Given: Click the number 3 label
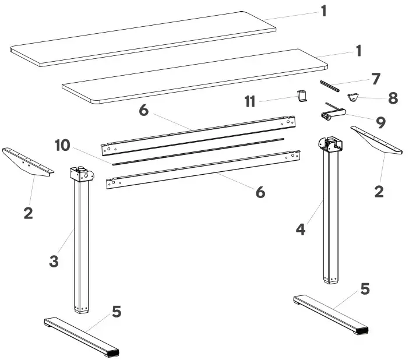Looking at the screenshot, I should (x=54, y=262).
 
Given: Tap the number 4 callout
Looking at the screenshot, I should (x=301, y=229).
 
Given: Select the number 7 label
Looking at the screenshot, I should (x=376, y=77).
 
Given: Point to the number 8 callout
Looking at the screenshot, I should (x=393, y=98).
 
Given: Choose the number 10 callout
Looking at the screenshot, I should (x=64, y=145).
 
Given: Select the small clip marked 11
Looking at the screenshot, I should (x=301, y=96).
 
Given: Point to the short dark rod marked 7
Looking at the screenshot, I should (x=329, y=86).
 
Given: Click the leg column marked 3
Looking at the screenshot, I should (x=82, y=245).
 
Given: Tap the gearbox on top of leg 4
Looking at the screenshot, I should (x=329, y=144).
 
